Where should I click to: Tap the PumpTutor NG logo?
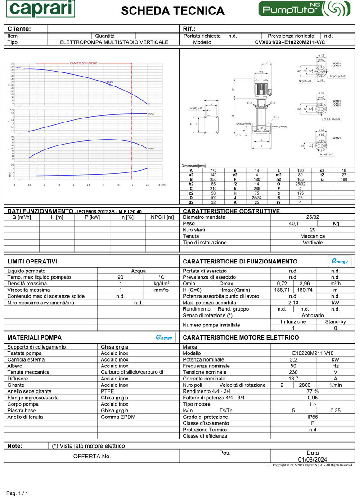(305, 9)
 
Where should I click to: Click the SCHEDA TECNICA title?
(173, 11)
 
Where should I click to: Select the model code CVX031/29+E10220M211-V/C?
(290, 42)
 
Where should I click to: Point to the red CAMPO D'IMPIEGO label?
(83, 63)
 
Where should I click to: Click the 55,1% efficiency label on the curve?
(110, 82)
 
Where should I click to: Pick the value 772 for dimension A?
(213, 170)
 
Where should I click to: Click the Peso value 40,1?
(293, 223)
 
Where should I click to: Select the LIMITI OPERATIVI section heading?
(32, 262)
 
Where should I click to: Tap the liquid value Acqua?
(138, 271)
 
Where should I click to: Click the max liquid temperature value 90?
(120, 277)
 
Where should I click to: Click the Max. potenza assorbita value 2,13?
(293, 303)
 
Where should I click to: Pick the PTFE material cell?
(108, 391)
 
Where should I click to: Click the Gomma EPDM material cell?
(118, 417)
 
